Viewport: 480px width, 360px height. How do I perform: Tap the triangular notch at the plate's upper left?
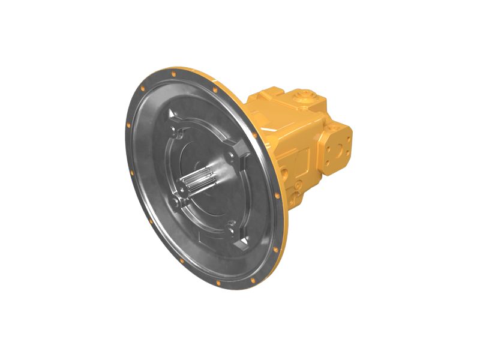[x=173, y=115]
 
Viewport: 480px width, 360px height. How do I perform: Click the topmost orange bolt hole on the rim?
[x=173, y=74]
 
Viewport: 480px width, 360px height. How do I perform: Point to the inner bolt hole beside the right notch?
[x=231, y=157]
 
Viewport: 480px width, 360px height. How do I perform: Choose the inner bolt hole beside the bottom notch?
[x=231, y=226]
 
